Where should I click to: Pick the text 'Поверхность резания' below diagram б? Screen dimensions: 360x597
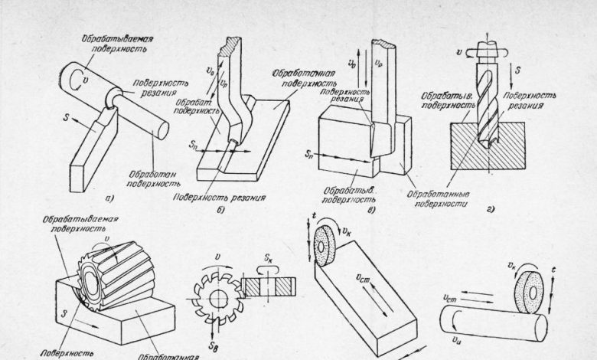pyautogui.click(x=230, y=197)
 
